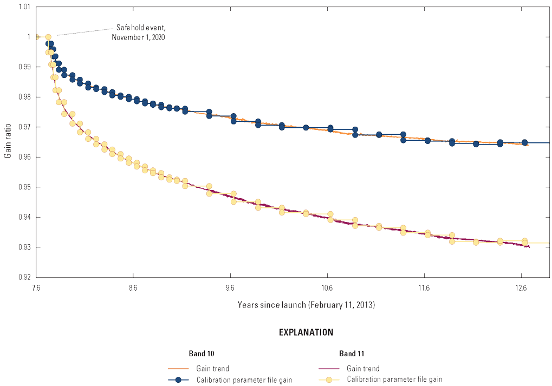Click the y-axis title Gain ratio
[x=8, y=142]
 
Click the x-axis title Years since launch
[x=306, y=305]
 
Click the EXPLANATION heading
[x=306, y=332]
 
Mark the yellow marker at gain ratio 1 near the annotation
[x=48, y=37]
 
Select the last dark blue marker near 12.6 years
[x=524, y=142]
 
